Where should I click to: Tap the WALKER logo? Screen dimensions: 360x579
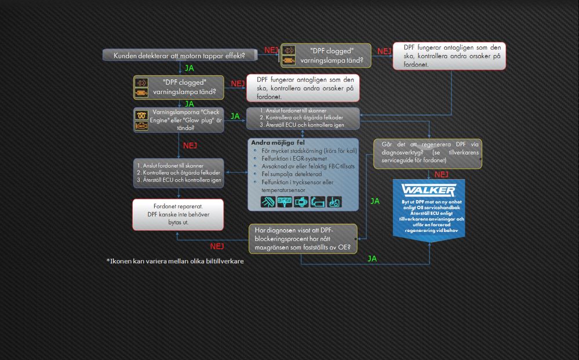click(x=428, y=190)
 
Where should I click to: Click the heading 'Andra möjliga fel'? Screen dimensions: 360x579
click(x=277, y=142)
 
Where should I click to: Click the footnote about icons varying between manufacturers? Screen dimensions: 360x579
click(x=175, y=261)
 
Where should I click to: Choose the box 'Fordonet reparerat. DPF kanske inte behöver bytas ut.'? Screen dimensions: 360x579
click(x=177, y=214)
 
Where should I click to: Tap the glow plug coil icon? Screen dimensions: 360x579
click(x=141, y=113)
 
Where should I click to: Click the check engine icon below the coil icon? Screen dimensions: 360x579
click(x=141, y=125)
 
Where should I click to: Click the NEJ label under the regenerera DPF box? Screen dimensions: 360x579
click(x=441, y=174)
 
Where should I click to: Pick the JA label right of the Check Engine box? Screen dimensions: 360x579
click(x=235, y=116)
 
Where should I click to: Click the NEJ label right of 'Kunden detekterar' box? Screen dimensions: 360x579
click(x=271, y=50)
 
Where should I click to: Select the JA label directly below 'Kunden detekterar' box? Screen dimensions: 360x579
click(x=189, y=68)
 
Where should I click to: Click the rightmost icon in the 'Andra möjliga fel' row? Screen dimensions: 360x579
click(x=334, y=202)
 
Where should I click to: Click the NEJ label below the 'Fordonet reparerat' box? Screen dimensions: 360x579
click(x=217, y=246)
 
